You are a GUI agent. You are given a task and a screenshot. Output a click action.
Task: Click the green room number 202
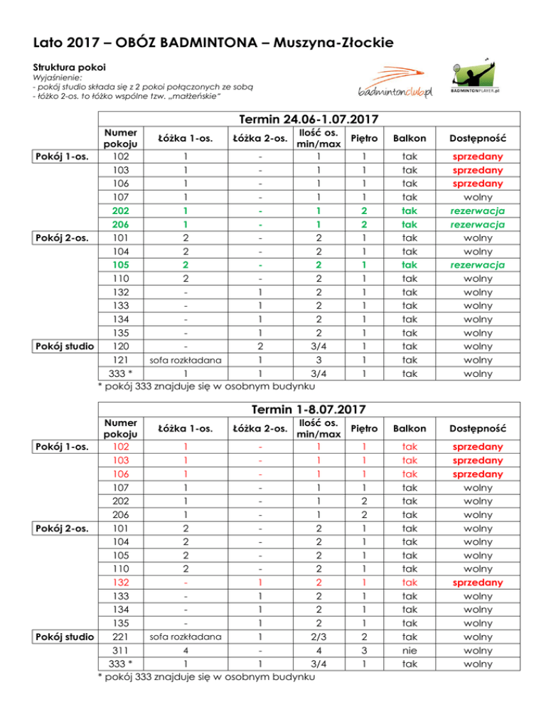tap(120, 211)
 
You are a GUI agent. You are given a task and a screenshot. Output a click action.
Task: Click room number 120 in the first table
tap(120, 346)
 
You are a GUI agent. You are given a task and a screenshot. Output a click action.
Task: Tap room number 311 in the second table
tap(120, 651)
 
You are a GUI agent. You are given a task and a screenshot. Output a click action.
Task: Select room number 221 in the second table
tap(120, 637)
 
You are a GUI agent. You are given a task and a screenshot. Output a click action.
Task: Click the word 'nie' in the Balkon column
tap(409, 651)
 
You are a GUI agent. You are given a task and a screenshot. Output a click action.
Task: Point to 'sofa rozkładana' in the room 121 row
tap(184, 360)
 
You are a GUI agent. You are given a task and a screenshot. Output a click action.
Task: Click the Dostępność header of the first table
tap(487, 137)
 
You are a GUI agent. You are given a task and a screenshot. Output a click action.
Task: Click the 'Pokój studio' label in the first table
tap(62, 346)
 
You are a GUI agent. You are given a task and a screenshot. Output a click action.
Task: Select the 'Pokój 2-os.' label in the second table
tap(62, 529)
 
